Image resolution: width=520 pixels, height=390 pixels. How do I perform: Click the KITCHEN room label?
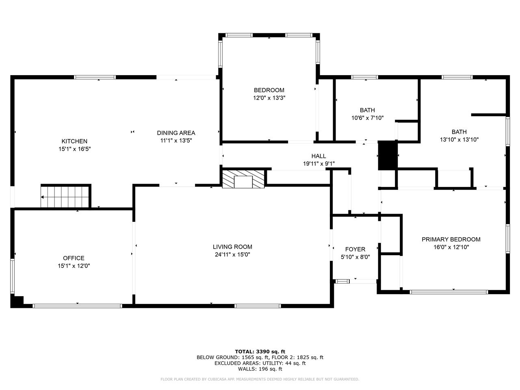click(74, 141)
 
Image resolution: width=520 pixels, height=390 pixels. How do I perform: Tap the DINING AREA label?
click(176, 133)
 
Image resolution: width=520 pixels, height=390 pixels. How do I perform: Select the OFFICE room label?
click(74, 258)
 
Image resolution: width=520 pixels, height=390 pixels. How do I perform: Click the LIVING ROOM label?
click(232, 247)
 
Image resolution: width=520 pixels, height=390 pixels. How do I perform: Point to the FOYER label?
click(355, 249)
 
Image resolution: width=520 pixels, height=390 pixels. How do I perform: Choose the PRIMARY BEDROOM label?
click(451, 239)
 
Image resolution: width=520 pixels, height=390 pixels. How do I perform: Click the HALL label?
click(318, 156)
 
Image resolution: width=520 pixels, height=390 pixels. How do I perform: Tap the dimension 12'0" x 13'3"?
click(269, 98)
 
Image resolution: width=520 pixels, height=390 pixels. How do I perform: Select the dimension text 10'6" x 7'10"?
click(367, 118)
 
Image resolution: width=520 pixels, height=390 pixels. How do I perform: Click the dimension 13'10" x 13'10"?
click(459, 139)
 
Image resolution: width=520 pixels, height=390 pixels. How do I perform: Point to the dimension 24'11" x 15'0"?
click(232, 254)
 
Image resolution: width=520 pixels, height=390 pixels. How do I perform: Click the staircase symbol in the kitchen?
click(65, 197)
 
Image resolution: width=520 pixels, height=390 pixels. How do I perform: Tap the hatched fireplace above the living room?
click(243, 179)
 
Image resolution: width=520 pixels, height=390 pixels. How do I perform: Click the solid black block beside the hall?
click(387, 156)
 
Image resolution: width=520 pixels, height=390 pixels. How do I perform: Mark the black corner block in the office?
click(17, 301)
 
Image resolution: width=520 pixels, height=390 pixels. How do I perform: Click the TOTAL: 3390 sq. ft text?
click(260, 351)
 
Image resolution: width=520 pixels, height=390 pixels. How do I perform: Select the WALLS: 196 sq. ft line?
click(260, 369)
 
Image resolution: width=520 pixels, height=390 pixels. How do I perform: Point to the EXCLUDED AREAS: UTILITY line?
click(260, 363)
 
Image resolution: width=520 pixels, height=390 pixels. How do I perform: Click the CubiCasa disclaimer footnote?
click(260, 379)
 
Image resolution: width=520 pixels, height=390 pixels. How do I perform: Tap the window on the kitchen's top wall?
click(95, 77)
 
